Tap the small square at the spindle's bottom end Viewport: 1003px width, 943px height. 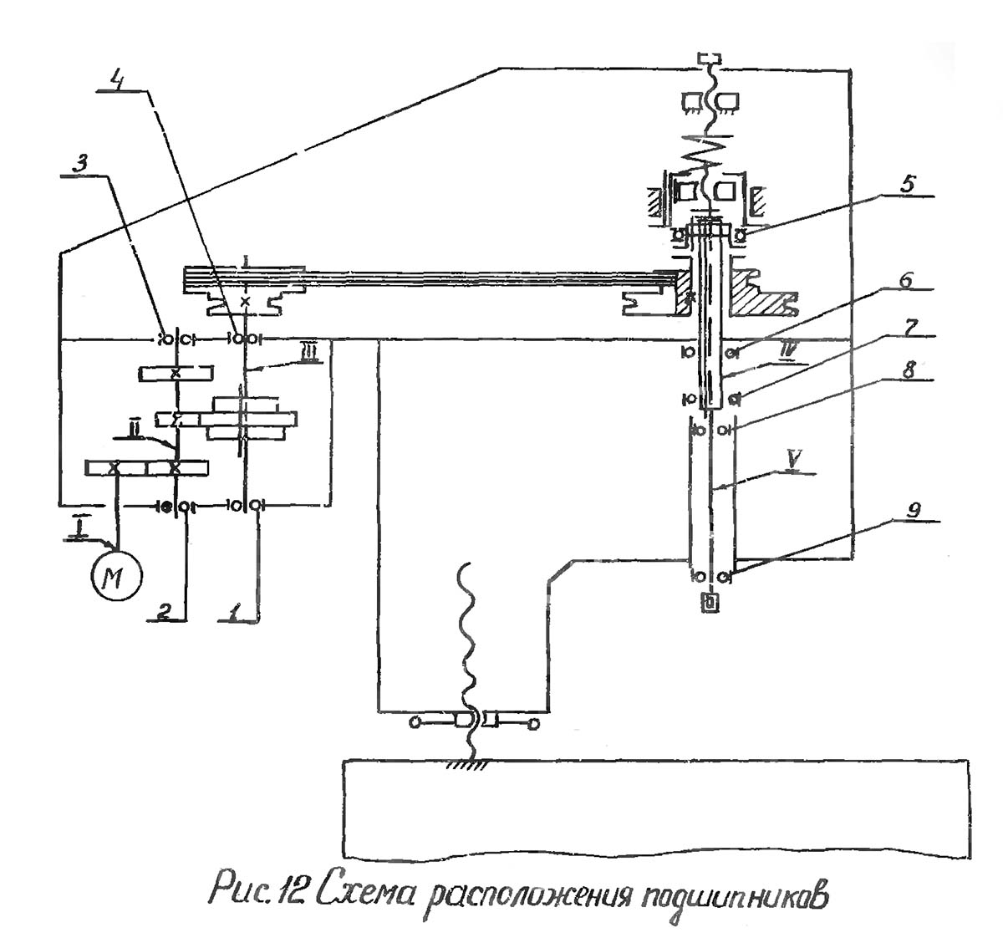[710, 602]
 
